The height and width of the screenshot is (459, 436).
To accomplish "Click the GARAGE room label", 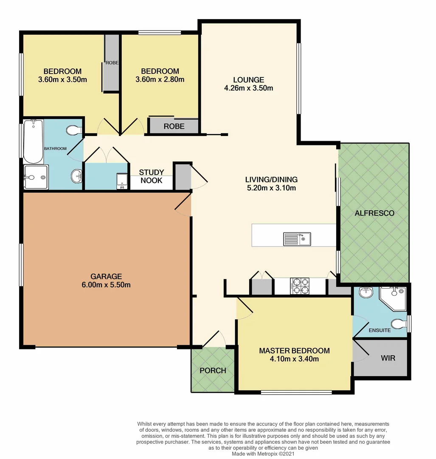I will (x=106, y=276).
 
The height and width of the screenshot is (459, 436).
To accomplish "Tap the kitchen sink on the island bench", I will (x=297, y=239).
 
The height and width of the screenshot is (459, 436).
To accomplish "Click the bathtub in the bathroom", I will (x=33, y=141).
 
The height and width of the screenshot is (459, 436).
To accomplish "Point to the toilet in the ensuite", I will (x=397, y=324).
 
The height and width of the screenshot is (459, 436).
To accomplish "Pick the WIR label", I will (x=388, y=358).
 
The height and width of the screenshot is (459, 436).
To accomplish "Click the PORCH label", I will (x=213, y=370).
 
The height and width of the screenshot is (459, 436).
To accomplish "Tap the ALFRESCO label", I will (x=374, y=213).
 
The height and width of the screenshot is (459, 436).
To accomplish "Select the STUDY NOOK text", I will (x=152, y=176).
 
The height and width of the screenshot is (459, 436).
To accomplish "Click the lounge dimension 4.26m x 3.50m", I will (x=248, y=88).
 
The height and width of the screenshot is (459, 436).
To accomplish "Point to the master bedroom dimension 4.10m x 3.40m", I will (x=294, y=359).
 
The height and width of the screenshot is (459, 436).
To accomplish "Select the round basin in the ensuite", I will (x=365, y=293).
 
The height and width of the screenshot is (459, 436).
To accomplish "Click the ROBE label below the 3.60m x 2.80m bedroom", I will (x=174, y=126).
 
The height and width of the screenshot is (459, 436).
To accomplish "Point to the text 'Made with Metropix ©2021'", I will (x=263, y=453).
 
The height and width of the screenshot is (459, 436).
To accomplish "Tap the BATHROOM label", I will (x=56, y=148).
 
